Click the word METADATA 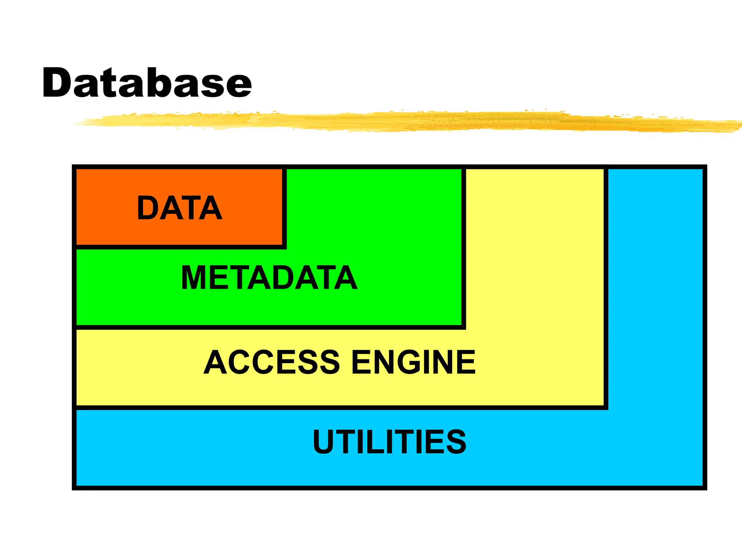(269, 278)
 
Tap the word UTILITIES (389, 442)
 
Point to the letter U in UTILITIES (323, 442)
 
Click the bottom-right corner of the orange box (284, 247)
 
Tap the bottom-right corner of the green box (463, 327)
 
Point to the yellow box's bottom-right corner (606, 408)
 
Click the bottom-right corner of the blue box (705, 488)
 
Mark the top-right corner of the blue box (705, 167)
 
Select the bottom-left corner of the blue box (74, 488)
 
